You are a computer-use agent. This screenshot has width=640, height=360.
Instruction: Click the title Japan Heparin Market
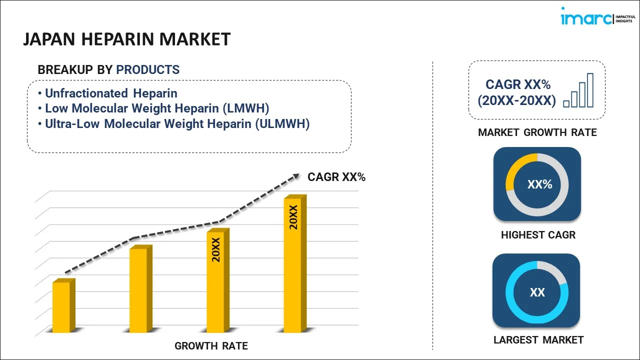[x=127, y=39]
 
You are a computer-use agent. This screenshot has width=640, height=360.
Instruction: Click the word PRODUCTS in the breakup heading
[x=148, y=70]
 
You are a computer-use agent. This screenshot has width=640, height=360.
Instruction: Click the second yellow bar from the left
[x=138, y=289]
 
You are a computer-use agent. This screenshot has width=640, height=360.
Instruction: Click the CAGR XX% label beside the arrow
[x=336, y=177]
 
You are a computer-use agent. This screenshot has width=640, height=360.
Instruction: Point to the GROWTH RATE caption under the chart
[x=211, y=346]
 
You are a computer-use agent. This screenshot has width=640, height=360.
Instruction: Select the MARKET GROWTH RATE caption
[x=537, y=132]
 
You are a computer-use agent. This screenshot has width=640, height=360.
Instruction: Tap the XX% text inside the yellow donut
[x=539, y=184]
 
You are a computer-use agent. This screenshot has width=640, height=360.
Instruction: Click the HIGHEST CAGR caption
[x=538, y=235]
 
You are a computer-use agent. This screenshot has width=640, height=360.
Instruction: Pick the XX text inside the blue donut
[x=537, y=292]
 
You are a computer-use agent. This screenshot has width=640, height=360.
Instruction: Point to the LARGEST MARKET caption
[x=538, y=340]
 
